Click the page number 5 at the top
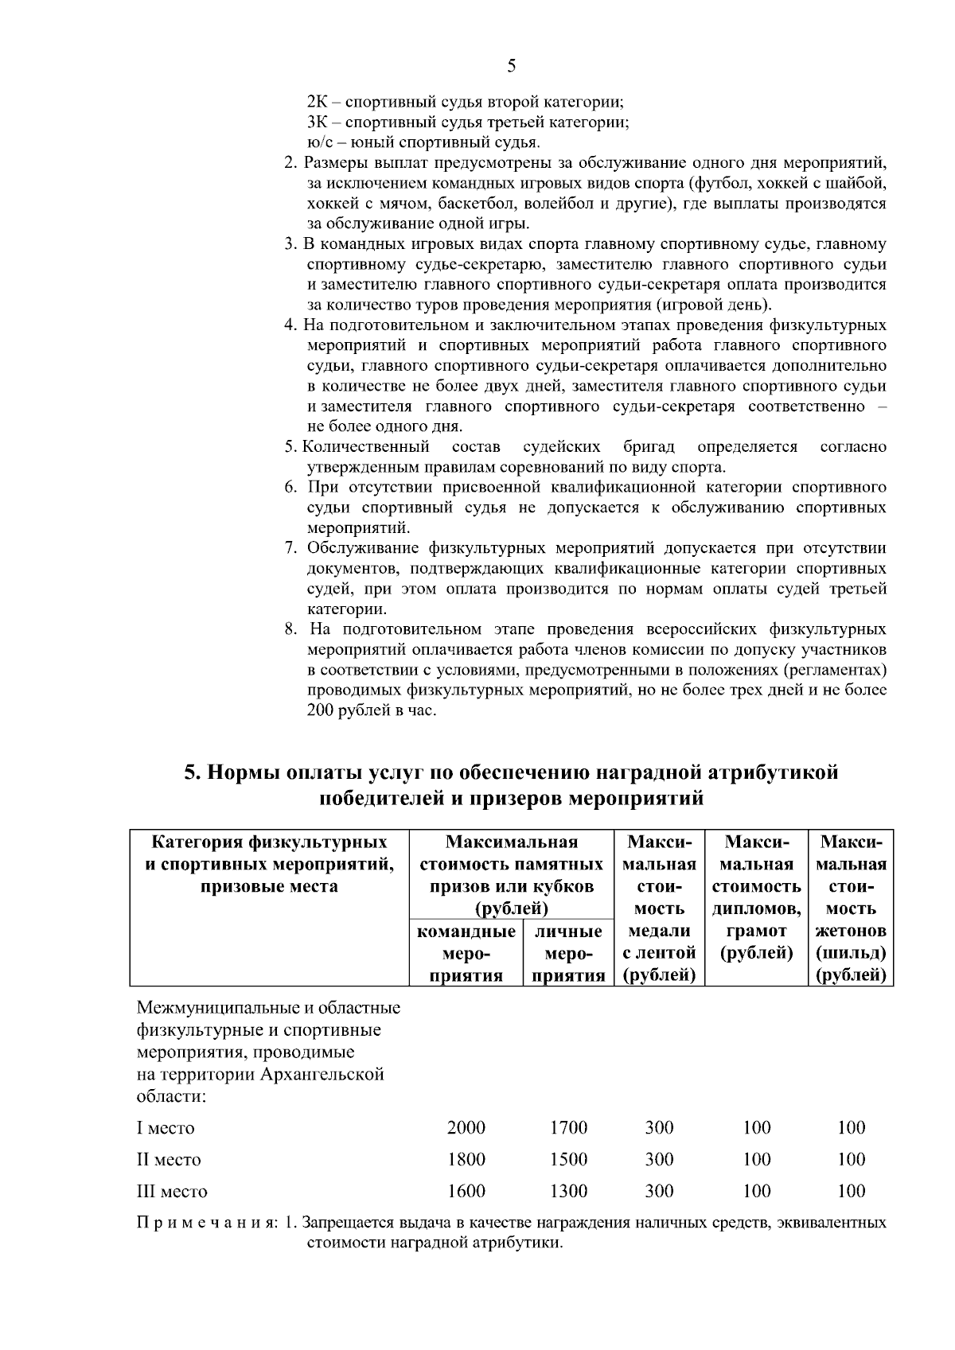511,66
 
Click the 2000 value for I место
466,1127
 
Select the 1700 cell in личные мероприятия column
568,1127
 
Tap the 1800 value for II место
466,1159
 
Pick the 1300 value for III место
568,1191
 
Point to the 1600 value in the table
466,1191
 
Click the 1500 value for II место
568,1159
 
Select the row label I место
166,1128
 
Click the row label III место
172,1192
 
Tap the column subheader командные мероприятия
466,953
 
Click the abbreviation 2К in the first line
316,103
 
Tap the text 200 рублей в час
372,710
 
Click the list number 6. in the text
291,487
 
